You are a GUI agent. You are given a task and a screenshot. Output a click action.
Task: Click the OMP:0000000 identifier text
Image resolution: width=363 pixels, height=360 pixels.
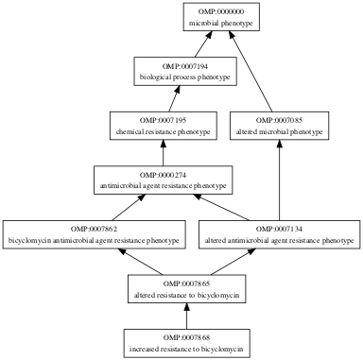pyautogui.click(x=221, y=11)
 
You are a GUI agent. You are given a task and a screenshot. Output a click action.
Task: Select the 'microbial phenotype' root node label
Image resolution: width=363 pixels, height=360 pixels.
pyautogui.click(x=221, y=23)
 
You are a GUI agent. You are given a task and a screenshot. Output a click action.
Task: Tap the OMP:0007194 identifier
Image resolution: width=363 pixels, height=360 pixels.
pyautogui.click(x=185, y=66)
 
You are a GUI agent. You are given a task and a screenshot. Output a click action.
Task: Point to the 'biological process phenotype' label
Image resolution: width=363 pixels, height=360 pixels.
pyautogui.click(x=185, y=77)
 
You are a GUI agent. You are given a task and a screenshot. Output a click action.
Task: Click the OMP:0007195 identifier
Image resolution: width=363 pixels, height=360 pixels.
pyautogui.click(x=163, y=120)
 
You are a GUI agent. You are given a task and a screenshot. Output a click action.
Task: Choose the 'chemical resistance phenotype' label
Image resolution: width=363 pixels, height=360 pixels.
pyautogui.click(x=163, y=131)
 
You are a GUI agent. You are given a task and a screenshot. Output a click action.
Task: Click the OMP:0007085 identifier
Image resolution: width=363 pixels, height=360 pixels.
pyautogui.click(x=279, y=120)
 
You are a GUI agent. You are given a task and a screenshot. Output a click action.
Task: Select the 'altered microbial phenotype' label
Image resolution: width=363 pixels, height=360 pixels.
pyautogui.click(x=279, y=131)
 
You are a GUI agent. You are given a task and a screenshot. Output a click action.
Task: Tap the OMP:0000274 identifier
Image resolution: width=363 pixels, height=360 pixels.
pyautogui.click(x=163, y=175)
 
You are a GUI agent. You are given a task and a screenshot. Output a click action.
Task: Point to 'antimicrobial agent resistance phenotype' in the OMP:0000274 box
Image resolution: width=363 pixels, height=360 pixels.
pyautogui.click(x=163, y=186)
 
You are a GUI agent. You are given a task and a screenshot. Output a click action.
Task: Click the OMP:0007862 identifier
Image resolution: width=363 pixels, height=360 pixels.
pyautogui.click(x=94, y=229)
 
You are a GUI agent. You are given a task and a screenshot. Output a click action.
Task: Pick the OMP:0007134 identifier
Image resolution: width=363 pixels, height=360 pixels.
pyautogui.click(x=279, y=229)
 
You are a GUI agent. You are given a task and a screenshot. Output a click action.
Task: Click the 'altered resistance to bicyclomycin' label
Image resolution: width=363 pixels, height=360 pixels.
pyautogui.click(x=186, y=295)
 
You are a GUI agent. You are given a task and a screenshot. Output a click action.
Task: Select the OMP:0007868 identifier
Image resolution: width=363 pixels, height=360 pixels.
pyautogui.click(x=186, y=337)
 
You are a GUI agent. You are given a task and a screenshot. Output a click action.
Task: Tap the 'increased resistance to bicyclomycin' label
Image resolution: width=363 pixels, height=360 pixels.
pyautogui.click(x=186, y=349)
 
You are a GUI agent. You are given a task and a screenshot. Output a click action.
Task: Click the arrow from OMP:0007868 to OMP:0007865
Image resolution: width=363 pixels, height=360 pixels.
pyautogui.click(x=186, y=317)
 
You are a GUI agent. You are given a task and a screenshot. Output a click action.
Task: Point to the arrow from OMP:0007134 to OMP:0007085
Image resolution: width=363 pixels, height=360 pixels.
pyautogui.click(x=279, y=180)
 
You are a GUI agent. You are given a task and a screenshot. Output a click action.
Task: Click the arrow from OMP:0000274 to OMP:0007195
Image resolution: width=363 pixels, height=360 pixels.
pyautogui.click(x=163, y=153)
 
